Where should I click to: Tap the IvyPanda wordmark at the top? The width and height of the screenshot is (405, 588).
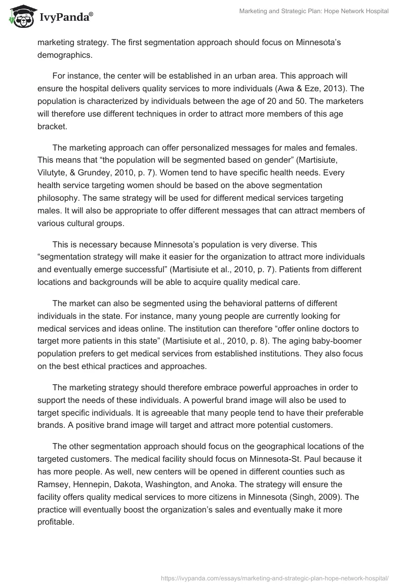coord(65,17)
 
